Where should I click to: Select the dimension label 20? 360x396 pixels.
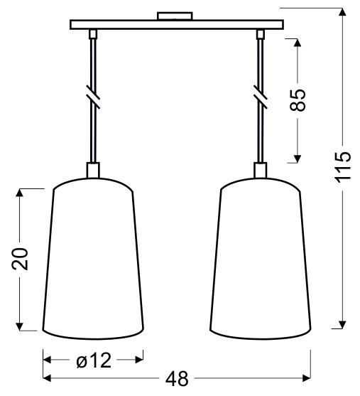click(21, 259)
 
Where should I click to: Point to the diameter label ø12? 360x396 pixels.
click(94, 360)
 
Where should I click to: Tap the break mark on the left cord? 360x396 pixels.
click(92, 95)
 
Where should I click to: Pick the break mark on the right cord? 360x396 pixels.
click(261, 95)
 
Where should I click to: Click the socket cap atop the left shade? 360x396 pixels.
click(93, 171)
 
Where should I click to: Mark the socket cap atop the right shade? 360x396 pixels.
click(261, 171)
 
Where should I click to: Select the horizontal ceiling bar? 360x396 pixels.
click(176, 25)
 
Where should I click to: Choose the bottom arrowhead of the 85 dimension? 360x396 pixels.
click(298, 157)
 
